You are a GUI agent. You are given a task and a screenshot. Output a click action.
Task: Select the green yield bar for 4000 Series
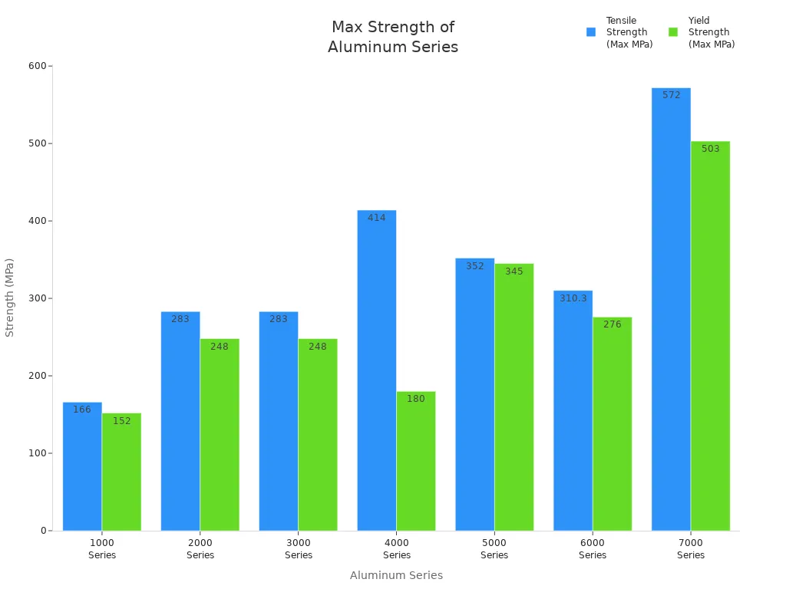click(416, 461)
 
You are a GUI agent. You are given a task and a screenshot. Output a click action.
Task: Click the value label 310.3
click(573, 298)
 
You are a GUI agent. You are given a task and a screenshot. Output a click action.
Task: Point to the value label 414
click(376, 218)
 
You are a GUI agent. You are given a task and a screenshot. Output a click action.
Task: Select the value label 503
click(710, 149)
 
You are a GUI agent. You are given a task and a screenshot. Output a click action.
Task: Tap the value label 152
click(121, 421)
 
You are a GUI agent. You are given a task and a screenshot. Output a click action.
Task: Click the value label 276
click(612, 324)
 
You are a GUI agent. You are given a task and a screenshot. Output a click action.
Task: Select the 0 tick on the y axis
click(45, 531)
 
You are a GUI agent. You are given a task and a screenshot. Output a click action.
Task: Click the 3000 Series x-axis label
click(299, 549)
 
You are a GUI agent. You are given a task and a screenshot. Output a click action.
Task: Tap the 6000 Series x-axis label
click(593, 549)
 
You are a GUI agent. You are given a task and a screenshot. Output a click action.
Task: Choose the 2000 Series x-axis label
click(200, 549)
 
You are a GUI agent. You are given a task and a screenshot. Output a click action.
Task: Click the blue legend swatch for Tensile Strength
click(591, 32)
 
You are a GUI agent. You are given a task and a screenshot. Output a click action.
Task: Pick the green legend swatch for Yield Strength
click(673, 32)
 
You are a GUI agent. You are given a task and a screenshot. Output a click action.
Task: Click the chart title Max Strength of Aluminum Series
click(393, 38)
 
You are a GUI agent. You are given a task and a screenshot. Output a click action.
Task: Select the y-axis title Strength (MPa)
click(10, 298)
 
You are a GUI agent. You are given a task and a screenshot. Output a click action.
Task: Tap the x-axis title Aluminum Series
click(396, 575)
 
